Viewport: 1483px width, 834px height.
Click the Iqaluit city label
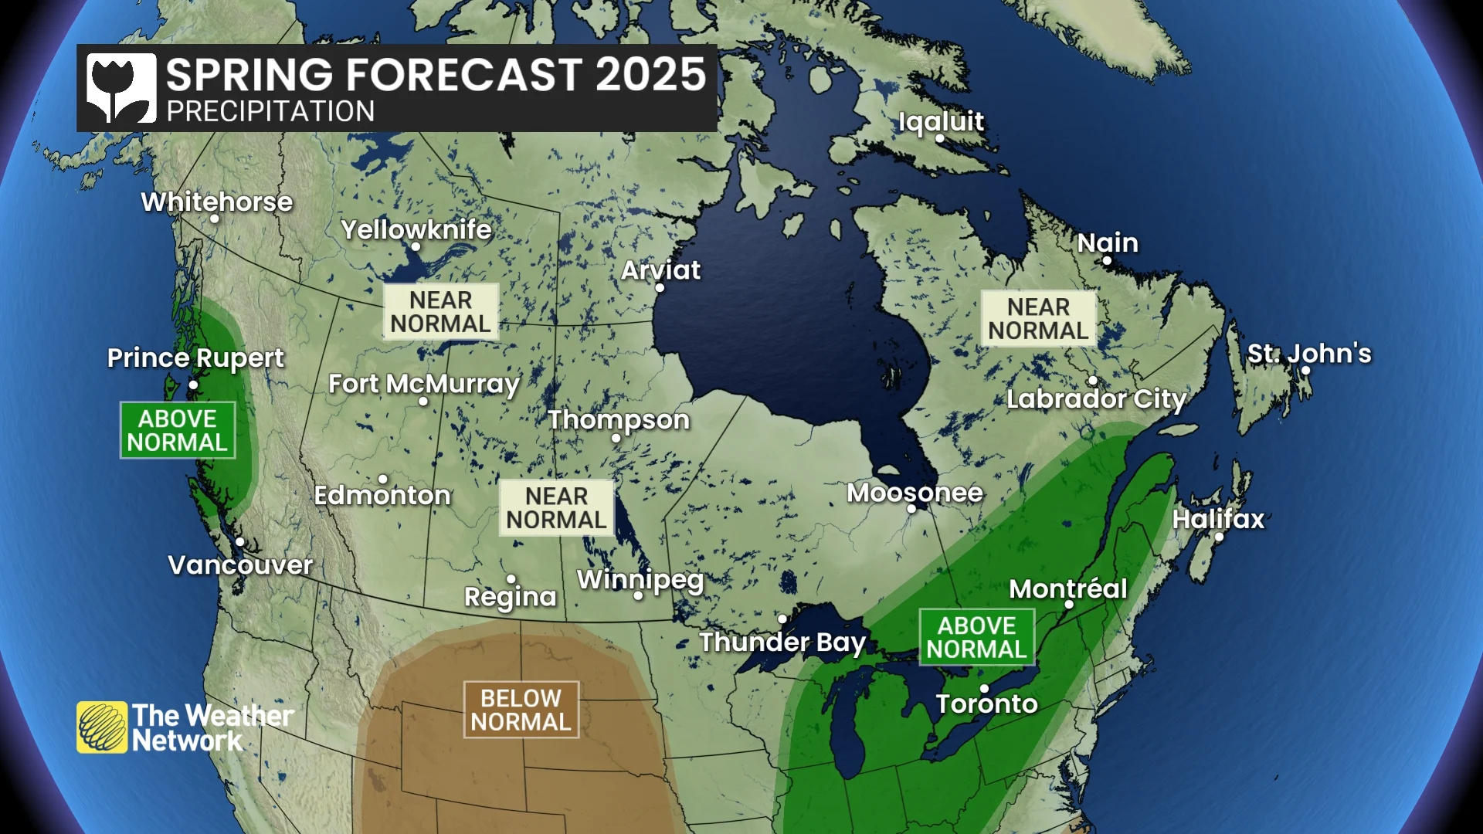tap(941, 121)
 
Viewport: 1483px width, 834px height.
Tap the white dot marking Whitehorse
tap(215, 219)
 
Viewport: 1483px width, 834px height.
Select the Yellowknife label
tap(416, 229)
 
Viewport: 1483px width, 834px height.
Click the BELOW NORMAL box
tap(521, 710)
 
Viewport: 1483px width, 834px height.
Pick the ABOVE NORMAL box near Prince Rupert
tap(178, 430)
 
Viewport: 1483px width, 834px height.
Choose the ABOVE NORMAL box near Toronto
tap(976, 637)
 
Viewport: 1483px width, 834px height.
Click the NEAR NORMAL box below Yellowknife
tap(440, 312)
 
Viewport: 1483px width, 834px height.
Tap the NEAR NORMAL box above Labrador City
tap(1038, 318)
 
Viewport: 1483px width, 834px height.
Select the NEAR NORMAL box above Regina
tap(556, 508)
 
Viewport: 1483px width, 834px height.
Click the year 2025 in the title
tap(650, 75)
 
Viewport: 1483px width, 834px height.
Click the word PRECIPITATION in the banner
tap(270, 112)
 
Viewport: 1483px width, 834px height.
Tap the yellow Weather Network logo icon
tap(101, 727)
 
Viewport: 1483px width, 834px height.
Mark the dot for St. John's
tap(1305, 371)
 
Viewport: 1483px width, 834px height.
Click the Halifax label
tap(1218, 519)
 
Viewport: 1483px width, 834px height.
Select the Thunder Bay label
tap(782, 642)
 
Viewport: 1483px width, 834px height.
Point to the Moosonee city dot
tap(911, 509)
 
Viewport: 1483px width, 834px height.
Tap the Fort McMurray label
tap(423, 383)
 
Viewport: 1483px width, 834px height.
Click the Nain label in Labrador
tap(1108, 242)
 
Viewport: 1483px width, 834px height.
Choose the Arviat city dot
tap(660, 288)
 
